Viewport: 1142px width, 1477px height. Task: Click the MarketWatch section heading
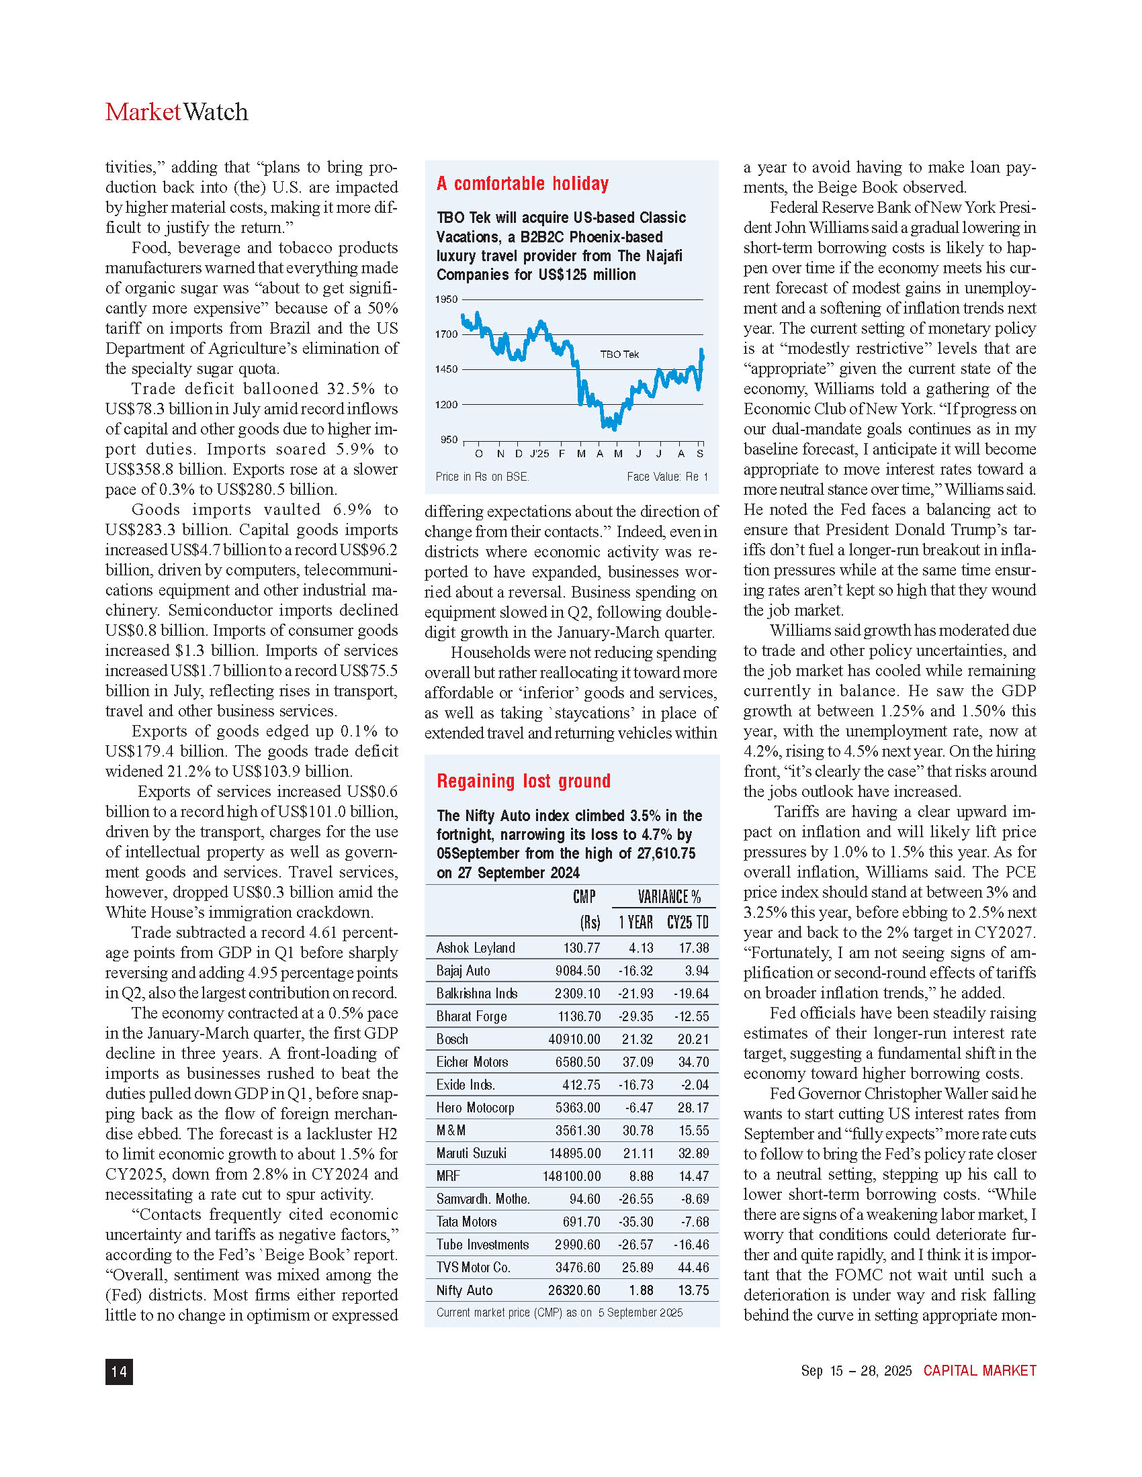tap(177, 112)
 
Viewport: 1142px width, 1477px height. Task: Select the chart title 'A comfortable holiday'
tap(522, 184)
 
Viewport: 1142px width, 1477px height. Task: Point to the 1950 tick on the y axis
tap(446, 299)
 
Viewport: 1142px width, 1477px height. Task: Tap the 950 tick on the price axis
tap(449, 440)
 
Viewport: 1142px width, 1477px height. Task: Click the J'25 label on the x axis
tap(539, 454)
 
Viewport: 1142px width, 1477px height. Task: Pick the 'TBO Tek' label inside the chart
tap(619, 354)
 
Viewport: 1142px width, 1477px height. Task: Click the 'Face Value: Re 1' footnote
tap(667, 477)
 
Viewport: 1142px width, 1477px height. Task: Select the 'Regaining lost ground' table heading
tap(524, 781)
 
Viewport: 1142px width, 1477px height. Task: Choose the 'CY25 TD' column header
tap(687, 922)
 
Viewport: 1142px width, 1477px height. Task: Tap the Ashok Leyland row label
tap(476, 948)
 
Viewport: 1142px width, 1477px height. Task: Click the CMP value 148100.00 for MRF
tap(571, 1176)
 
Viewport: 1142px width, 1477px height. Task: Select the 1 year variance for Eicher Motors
tap(638, 1062)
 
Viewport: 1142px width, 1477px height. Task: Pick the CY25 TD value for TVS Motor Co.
tap(693, 1268)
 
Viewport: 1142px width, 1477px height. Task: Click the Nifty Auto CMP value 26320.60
tap(574, 1290)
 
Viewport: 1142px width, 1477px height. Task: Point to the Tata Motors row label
tap(466, 1221)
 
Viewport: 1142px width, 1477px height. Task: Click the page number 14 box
tap(119, 1372)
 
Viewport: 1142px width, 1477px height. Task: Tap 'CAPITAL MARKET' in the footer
tap(979, 1371)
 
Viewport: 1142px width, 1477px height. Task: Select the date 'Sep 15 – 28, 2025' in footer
tap(856, 1371)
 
